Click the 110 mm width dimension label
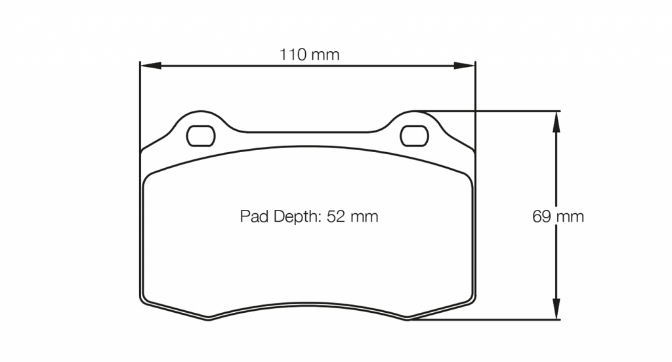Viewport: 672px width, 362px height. coord(309,54)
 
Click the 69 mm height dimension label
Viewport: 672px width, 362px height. coord(558,216)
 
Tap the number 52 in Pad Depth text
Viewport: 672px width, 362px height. coord(335,216)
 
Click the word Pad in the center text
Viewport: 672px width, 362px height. coord(255,216)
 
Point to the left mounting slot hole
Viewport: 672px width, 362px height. coord(201,136)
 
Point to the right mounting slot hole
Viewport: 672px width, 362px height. coord(414,136)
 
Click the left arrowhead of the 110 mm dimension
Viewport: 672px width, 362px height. coord(150,66)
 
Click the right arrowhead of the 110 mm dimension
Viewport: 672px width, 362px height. coord(465,66)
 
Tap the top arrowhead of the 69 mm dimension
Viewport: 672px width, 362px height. coord(556,122)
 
